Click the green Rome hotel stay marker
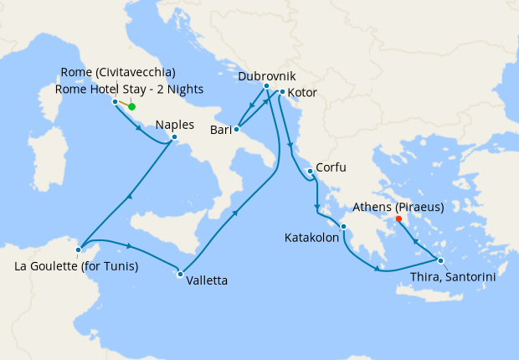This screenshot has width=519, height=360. point(131,106)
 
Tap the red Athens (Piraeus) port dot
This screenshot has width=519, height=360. point(398,219)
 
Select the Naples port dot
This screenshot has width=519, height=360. point(174,137)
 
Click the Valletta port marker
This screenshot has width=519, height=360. point(180,274)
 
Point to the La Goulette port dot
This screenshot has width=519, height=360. point(78,249)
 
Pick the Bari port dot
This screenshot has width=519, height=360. point(237,129)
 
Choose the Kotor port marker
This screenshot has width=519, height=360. point(282,92)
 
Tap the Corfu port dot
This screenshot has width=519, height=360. point(310,172)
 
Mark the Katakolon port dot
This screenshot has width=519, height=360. point(343,226)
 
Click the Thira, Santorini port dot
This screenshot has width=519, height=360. point(440,260)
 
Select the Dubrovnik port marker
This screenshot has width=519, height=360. point(266,86)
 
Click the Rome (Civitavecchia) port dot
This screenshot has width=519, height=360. point(115,102)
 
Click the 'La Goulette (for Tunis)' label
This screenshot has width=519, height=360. point(76,267)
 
